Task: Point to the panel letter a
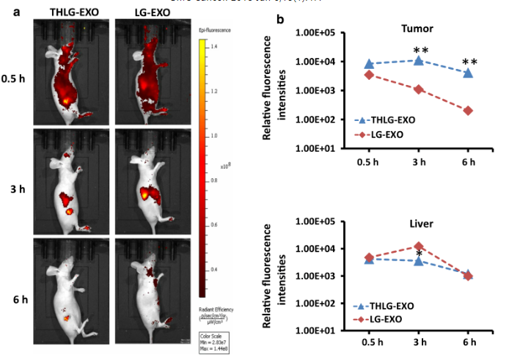click(6, 11)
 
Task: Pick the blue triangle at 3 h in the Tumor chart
click(419, 60)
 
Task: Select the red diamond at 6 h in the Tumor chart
click(468, 111)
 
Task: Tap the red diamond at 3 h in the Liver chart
click(419, 247)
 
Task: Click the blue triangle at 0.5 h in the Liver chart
click(370, 259)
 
